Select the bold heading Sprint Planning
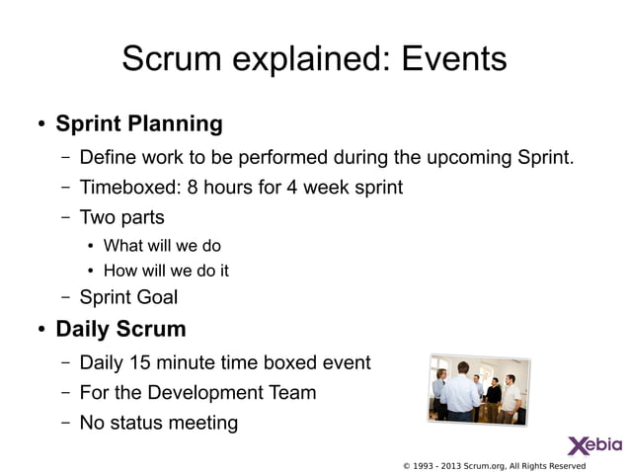click(139, 124)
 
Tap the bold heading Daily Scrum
click(120, 327)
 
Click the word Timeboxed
click(126, 187)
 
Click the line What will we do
click(162, 245)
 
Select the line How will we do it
click(166, 270)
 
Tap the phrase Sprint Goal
click(128, 296)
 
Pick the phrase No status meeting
click(158, 423)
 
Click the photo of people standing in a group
click(479, 389)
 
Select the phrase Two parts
click(121, 216)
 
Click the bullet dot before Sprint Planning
click(42, 125)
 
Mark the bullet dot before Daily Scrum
click(42, 328)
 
